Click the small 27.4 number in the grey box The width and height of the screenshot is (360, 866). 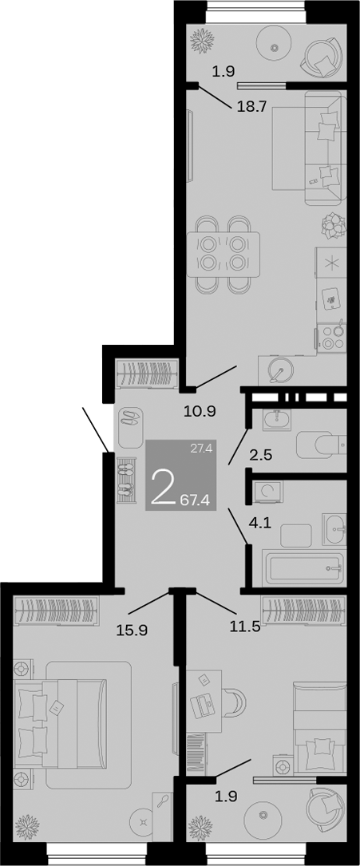[200, 449]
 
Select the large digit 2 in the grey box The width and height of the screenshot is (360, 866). [164, 488]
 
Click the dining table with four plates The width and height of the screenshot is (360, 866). [223, 254]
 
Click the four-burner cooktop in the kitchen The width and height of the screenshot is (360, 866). [332, 336]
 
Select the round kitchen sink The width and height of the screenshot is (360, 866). [280, 370]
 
